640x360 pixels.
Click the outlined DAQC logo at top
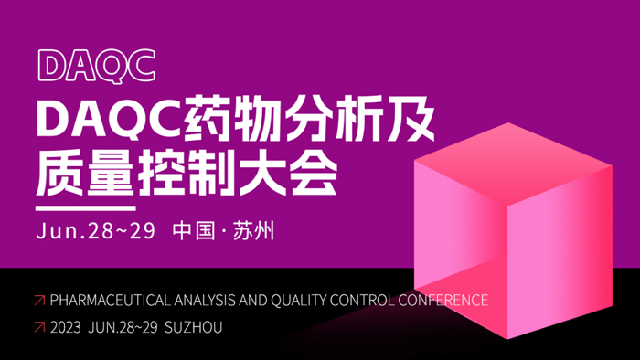[x=95, y=65]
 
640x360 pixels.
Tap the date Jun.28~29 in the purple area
[x=95, y=230]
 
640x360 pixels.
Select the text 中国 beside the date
[x=194, y=230]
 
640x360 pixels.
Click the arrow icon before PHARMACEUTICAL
[x=38, y=300]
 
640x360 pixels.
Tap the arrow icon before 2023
[x=38, y=326]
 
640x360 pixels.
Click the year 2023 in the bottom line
[x=66, y=326]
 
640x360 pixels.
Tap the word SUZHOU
[x=194, y=326]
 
